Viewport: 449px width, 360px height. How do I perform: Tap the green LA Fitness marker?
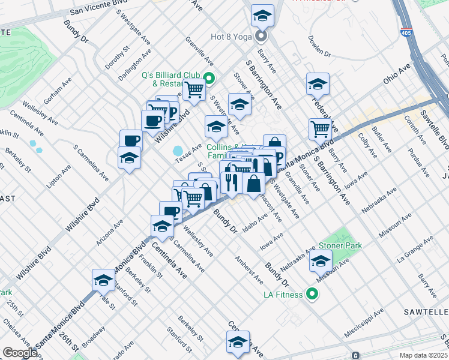pyautogui.click(x=312, y=294)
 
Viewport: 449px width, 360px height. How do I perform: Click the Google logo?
pyautogui.click(x=20, y=352)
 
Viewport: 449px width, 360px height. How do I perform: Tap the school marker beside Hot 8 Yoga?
pyautogui.click(x=262, y=16)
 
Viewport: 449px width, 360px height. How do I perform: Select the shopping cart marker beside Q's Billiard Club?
pyautogui.click(x=194, y=91)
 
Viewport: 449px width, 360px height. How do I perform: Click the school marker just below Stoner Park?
pyautogui.click(x=321, y=262)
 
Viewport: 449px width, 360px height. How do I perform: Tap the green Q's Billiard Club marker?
pyautogui.click(x=209, y=77)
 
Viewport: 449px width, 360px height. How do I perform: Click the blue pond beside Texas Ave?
pyautogui.click(x=178, y=150)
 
